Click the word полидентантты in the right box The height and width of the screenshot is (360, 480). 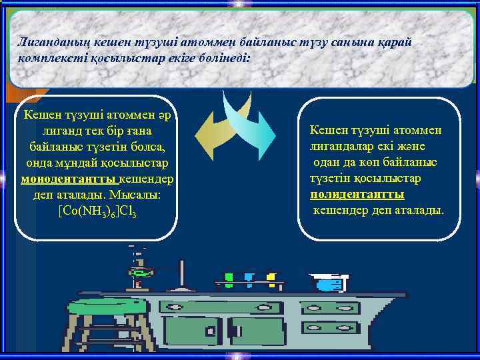(357, 195)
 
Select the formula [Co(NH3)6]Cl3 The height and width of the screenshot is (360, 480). (97, 211)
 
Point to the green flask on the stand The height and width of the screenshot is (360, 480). (140, 273)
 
